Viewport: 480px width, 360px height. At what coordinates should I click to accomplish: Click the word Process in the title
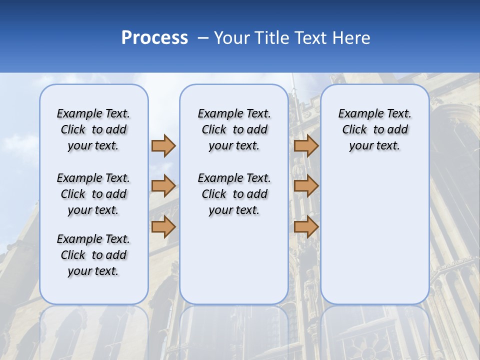click(x=154, y=38)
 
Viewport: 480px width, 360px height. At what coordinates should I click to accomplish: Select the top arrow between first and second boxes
click(x=163, y=145)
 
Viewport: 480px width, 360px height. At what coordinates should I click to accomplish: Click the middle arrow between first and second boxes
click(x=163, y=186)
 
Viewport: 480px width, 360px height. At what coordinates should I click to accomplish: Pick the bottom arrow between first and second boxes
click(x=163, y=227)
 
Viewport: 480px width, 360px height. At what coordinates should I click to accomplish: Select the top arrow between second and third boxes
click(x=306, y=145)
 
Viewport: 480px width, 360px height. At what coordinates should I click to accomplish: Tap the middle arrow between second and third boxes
click(x=306, y=186)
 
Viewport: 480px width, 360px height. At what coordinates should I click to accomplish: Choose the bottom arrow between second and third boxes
click(x=306, y=227)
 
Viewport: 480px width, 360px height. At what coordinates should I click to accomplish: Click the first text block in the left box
click(x=93, y=129)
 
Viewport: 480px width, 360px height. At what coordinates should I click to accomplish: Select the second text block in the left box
click(x=93, y=194)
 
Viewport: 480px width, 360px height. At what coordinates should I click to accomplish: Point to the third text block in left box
click(x=93, y=255)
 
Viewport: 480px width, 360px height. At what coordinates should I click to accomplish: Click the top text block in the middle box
click(x=234, y=129)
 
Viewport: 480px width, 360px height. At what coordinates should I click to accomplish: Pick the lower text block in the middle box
click(x=234, y=194)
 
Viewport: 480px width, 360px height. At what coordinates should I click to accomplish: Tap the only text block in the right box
click(x=375, y=129)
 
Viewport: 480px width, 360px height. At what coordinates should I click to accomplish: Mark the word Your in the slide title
click(x=231, y=38)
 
